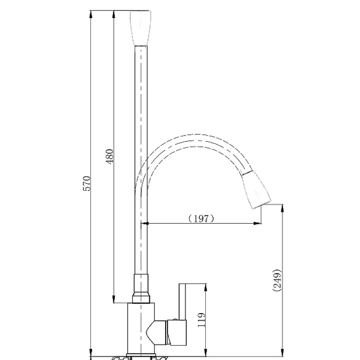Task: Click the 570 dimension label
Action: [x=87, y=184]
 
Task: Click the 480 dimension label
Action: [x=109, y=157]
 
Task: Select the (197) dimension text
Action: [x=201, y=218]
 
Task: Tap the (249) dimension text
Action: [x=277, y=280]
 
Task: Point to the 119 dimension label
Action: [x=201, y=320]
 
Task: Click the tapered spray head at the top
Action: [x=140, y=28]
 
